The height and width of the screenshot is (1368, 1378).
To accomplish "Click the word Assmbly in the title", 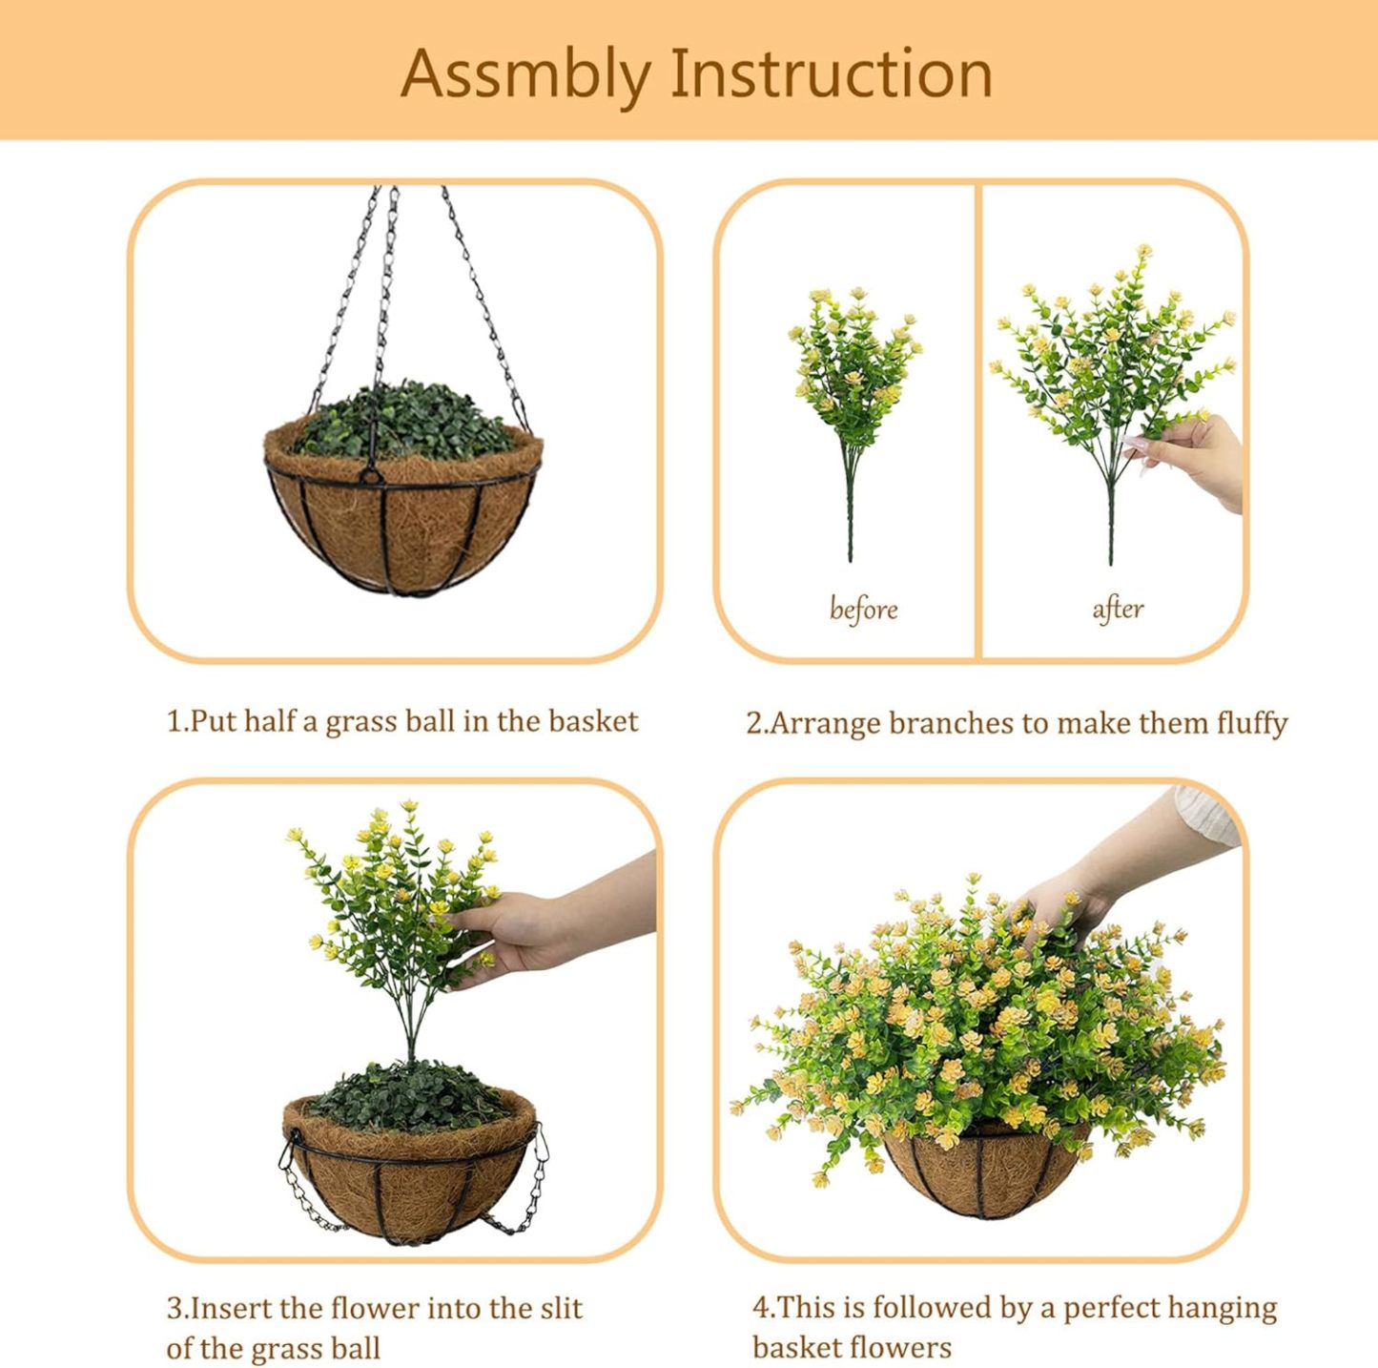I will click(525, 74).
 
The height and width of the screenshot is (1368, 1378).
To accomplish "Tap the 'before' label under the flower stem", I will click(863, 608).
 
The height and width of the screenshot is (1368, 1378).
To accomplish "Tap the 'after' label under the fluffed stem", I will click(1118, 608).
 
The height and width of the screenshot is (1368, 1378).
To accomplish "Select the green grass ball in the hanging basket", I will click(405, 420).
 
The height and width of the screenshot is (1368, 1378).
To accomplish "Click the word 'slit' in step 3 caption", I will click(561, 1308).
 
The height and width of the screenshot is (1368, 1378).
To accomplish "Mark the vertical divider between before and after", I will click(978, 420).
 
